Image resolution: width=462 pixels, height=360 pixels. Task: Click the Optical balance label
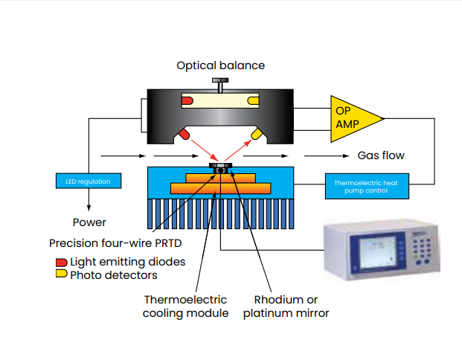220,65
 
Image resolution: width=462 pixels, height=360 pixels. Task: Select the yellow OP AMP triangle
353,118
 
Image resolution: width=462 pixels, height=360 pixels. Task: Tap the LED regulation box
87,181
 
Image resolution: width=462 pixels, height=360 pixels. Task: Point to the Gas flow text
381,155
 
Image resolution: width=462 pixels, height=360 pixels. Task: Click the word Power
89,222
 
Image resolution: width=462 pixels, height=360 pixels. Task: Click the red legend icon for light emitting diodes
61,262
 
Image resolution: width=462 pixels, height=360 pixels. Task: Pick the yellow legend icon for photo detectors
61,274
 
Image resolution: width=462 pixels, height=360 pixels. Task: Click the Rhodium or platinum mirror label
286,306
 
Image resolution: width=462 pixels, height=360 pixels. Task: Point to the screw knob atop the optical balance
220,82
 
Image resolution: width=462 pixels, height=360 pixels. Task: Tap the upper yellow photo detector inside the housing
253,100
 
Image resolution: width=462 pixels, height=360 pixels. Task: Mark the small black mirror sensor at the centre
220,170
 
